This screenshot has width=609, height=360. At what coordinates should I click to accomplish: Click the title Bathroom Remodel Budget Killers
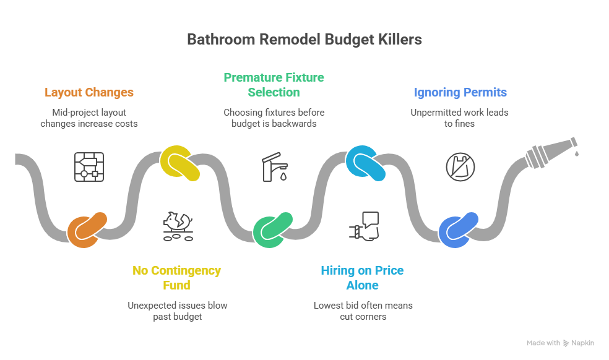point(304,40)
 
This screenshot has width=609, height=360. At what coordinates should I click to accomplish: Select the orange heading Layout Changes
point(89,92)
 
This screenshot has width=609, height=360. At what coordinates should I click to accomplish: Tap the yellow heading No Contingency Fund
point(176,278)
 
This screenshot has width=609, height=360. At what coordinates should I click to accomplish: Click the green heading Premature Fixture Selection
point(274,85)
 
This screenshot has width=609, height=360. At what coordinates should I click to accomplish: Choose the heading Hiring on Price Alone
point(362,278)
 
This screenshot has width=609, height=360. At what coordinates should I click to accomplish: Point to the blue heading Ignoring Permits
point(460,92)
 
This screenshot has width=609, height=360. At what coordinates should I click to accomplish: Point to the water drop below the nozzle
point(576,153)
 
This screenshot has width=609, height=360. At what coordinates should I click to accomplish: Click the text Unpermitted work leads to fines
point(459,118)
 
